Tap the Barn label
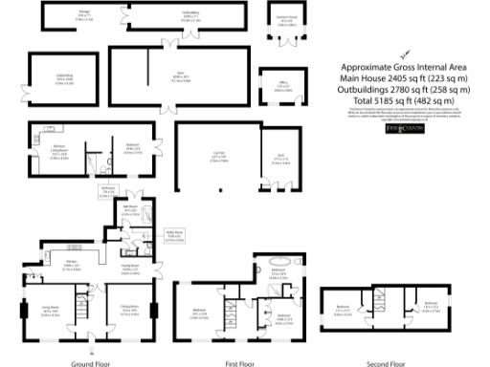[x=151, y=78]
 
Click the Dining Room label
[x=133, y=311]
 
